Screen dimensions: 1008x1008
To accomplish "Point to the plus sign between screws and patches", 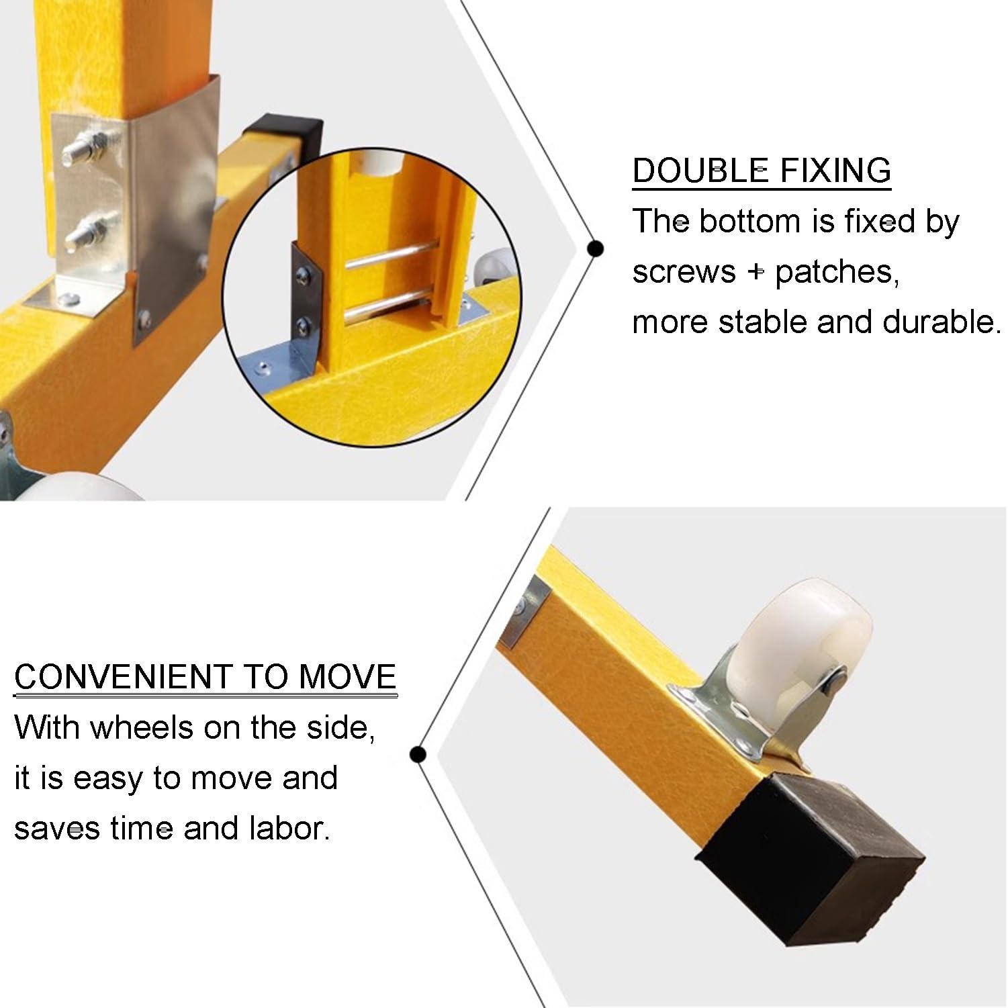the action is tap(756, 272).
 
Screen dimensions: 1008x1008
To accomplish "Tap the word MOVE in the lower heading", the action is tap(347, 677).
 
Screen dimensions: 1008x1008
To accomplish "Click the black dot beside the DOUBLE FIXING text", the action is tap(595, 249).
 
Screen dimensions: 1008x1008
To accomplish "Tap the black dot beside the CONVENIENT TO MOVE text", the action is tap(418, 755).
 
